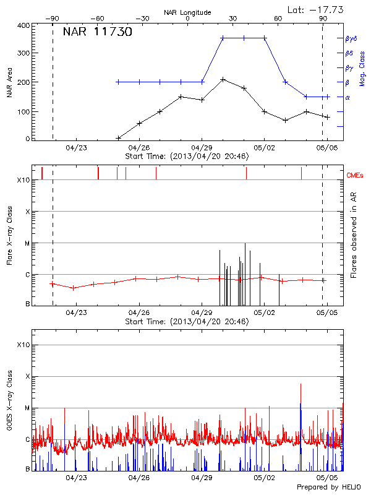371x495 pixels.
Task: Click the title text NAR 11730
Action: point(97,32)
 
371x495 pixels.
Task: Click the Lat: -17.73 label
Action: point(316,9)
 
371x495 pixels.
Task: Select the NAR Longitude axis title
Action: point(187,12)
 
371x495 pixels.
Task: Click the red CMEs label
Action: point(356,176)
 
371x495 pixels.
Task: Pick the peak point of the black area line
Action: point(223,79)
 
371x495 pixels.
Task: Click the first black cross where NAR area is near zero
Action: point(118,138)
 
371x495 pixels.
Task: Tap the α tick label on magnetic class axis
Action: point(347,97)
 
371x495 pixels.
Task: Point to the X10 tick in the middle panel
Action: point(23,180)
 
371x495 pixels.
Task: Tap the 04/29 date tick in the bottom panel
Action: point(202,478)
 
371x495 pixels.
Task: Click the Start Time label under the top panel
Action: point(187,157)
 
